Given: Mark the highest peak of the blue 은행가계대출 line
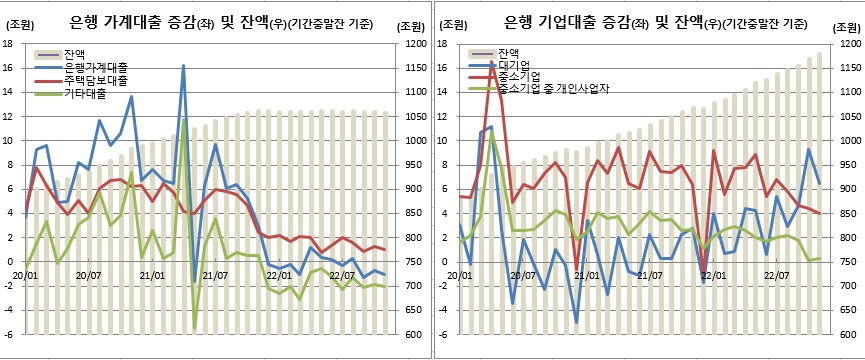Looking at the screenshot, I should (x=184, y=66).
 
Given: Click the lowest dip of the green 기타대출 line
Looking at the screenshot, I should (x=194, y=327).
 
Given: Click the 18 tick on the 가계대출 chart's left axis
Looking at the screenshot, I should (x=8, y=44).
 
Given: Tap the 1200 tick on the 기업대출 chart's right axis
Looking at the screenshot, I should (x=847, y=44).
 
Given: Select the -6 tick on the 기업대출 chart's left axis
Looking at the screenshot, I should (x=439, y=335).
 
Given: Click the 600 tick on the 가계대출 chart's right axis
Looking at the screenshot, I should (x=410, y=335).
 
